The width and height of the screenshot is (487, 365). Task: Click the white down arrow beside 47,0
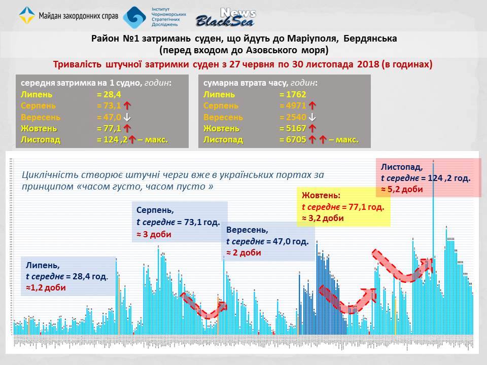pyautogui.click(x=127, y=117)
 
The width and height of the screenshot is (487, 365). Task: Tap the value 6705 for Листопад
pyautogui.click(x=293, y=139)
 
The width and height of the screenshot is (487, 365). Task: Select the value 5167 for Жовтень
pyautogui.click(x=293, y=128)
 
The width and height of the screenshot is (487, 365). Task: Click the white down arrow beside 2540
pyautogui.click(x=312, y=117)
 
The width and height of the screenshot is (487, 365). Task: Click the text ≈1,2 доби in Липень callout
pyautogui.click(x=46, y=287)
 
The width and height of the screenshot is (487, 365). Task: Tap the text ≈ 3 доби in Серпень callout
pyautogui.click(x=154, y=235)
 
